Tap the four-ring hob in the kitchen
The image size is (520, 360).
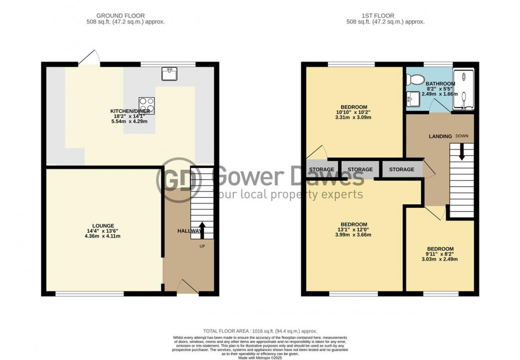point(146,105)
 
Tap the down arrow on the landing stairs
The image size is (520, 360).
point(461,153)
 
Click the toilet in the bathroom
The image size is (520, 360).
point(414,80)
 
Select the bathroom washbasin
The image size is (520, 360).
point(412,99)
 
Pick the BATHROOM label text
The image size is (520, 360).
point(440,84)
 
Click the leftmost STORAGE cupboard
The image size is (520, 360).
point(322,170)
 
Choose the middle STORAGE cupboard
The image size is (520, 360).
point(360,170)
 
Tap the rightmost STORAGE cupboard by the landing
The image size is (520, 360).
point(402,170)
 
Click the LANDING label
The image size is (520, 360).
point(440,136)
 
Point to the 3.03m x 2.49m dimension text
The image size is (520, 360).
point(440,259)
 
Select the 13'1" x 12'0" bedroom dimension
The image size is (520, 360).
point(354,229)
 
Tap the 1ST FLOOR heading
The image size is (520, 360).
point(385,16)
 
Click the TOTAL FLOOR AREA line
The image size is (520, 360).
point(260,330)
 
